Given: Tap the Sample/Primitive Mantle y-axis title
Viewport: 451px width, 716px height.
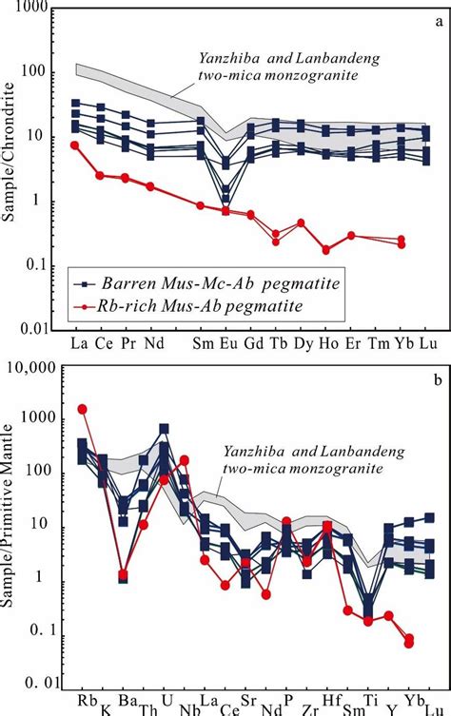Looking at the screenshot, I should click(12, 532).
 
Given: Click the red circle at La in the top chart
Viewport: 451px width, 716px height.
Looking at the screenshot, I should click(75, 145).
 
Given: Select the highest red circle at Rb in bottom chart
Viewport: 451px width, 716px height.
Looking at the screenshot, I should click(82, 409).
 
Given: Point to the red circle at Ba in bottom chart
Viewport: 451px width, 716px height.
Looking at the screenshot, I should click(123, 574).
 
